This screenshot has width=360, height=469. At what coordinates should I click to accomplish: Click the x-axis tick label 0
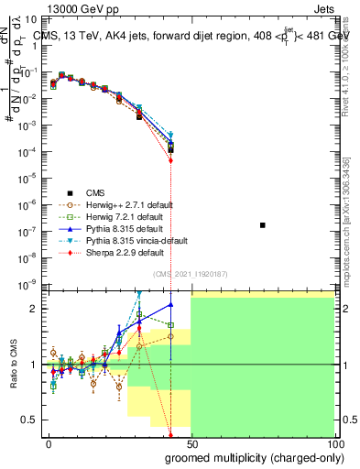pos(49,444)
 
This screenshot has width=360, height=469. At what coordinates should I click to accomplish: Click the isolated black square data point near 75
pos(263,224)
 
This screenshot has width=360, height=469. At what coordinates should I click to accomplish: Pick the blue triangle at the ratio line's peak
pos(171,305)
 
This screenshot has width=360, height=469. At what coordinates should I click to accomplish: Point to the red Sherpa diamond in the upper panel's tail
pos(171,160)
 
